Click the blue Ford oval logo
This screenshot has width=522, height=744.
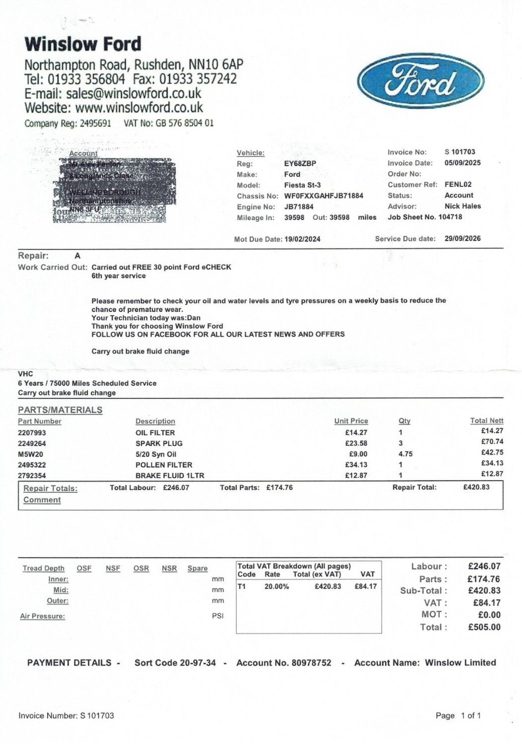pos(421,82)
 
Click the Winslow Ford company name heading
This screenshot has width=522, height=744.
pos(83,44)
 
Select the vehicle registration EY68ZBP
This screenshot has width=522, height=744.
pos(300,164)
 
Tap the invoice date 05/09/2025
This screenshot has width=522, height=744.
pos(462,163)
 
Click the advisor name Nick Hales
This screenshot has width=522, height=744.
pos(462,206)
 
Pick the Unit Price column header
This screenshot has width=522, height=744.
pos(351,421)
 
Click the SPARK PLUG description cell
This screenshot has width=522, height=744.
pos(159,443)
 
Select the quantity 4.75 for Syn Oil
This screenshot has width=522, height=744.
pos(406,454)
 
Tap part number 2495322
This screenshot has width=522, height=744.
pos(32,465)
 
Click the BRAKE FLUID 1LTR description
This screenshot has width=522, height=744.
pos(170,475)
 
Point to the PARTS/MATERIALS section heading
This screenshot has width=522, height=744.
pos(60,410)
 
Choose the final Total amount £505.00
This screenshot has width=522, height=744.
pos(484,627)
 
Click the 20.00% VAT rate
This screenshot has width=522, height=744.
pos(276,587)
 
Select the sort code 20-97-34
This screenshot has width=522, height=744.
pos(197,663)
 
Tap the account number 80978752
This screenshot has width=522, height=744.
pos(311,663)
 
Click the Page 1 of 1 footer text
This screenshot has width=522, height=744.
pos(458,715)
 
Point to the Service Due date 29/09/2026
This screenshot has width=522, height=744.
pos(462,238)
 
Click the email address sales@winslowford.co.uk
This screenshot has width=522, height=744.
pos(134,94)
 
